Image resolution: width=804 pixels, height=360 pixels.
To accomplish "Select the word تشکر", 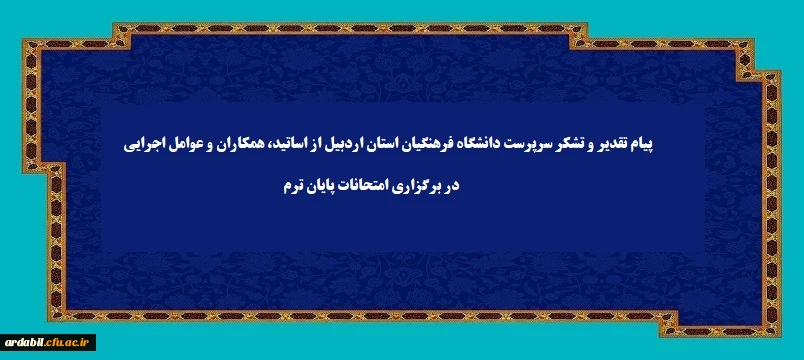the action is point(572,145).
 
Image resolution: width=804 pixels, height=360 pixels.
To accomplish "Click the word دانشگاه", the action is point(484,145).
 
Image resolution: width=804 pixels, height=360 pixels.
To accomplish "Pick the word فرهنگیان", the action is point(435,145).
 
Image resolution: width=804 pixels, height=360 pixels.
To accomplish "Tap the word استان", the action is point(392,145).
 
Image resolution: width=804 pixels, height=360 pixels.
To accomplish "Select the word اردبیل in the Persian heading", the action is point(353,145).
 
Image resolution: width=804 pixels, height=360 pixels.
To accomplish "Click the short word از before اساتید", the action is point(324,145).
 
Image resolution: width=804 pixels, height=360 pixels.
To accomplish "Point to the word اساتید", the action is point(294,145).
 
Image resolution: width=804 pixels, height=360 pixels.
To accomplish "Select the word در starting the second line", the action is point(451,187).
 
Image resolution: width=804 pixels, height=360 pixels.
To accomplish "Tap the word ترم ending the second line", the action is point(291,187).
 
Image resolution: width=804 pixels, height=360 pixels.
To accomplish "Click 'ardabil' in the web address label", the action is point(23,342).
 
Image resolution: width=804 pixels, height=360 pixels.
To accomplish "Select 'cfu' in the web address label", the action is point(52,342).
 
